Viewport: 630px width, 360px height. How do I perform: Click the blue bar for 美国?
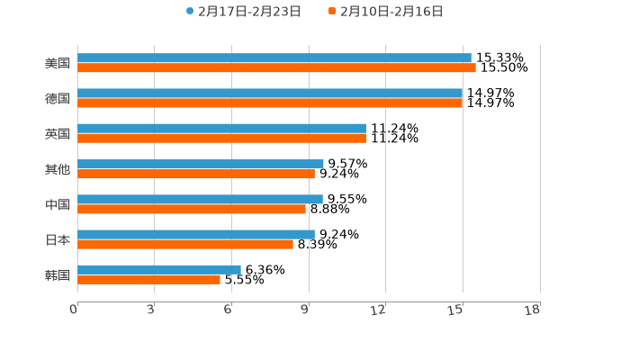[x=274, y=58]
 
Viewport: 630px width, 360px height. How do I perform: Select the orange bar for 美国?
[x=276, y=67]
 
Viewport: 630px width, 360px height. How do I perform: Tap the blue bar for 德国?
[x=270, y=93]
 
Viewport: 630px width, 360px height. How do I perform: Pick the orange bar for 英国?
[x=221, y=138]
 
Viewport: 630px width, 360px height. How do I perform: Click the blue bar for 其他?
[x=201, y=164]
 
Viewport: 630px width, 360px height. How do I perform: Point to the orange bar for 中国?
[x=192, y=209]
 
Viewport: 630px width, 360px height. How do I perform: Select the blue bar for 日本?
[x=196, y=234]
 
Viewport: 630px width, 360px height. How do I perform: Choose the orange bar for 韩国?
[x=148, y=279]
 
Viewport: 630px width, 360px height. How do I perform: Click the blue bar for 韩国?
[x=159, y=269]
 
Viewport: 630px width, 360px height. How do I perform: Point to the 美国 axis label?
[x=58, y=63]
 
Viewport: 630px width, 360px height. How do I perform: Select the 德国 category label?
[x=58, y=98]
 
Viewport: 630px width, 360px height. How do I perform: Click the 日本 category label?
[x=58, y=239]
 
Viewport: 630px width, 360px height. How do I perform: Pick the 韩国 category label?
[x=58, y=274]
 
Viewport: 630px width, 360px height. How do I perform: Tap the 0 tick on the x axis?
[x=74, y=310]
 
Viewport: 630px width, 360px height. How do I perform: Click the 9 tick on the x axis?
[x=306, y=310]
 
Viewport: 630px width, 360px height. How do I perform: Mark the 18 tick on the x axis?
[x=533, y=310]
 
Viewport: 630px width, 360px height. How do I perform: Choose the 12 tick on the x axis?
[x=379, y=310]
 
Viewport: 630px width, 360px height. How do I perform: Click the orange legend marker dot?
[x=332, y=12]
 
